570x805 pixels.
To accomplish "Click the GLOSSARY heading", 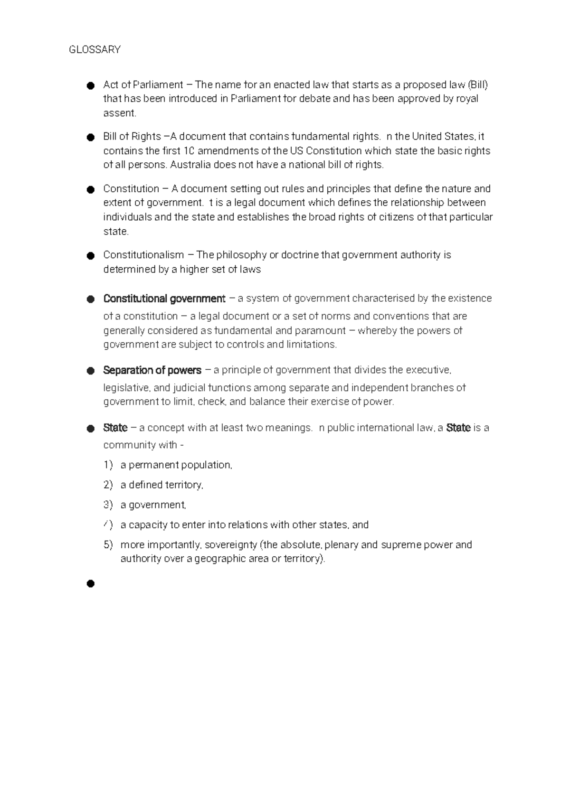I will pos(95,50).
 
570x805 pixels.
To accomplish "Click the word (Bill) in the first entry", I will pos(477,85).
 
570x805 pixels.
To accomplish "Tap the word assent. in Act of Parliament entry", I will pos(120,113).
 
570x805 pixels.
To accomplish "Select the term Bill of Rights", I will pos(132,137).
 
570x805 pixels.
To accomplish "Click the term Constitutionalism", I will pos(143,255).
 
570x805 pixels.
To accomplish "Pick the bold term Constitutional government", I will pos(164,299).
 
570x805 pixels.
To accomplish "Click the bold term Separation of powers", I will pos(152,370).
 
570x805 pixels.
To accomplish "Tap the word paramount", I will pos(321,331).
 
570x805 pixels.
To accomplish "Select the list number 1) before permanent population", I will pos(108,465).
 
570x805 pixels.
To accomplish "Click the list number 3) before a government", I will pos(108,505).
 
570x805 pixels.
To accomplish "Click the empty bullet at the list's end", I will pos(90,583).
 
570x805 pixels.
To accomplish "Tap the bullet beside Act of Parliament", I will pos(90,85).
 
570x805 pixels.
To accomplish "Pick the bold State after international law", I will pos(458,428).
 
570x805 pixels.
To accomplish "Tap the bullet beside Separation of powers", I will pos(90,371).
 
